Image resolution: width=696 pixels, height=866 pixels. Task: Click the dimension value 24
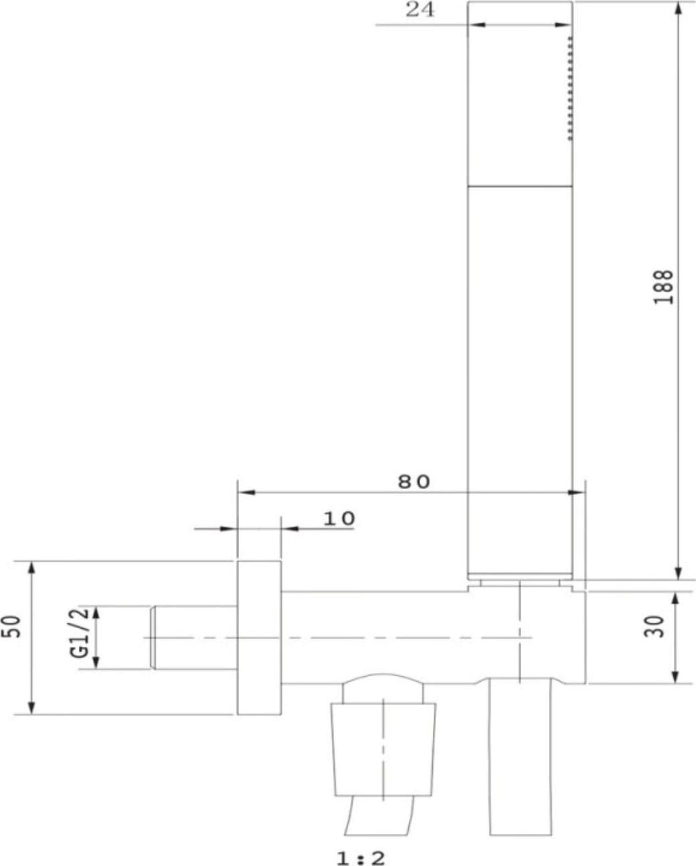pyautogui.click(x=420, y=9)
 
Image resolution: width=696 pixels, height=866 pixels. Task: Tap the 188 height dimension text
pyautogui.click(x=663, y=287)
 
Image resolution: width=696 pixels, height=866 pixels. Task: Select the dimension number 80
pyautogui.click(x=414, y=482)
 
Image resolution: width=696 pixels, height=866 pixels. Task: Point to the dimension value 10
pyautogui.click(x=339, y=519)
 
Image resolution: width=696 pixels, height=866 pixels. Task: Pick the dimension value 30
pyautogui.click(x=654, y=627)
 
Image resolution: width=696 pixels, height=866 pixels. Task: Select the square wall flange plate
pyautogui.click(x=259, y=638)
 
